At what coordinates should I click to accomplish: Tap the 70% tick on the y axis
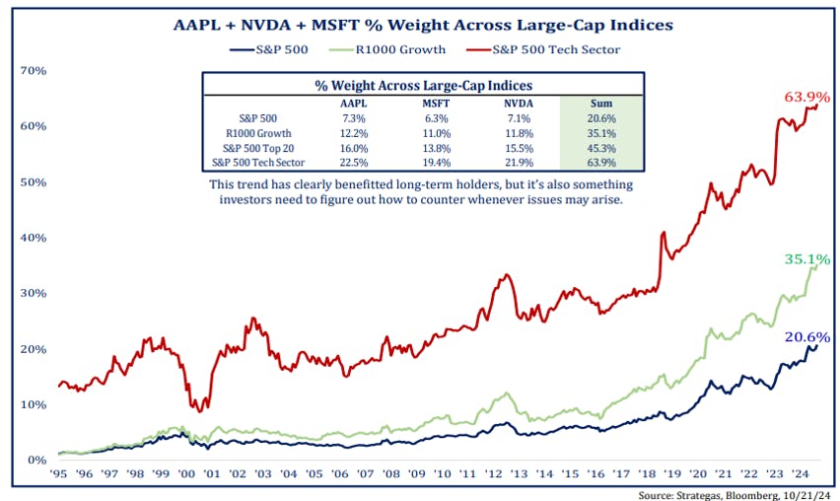(x=35, y=71)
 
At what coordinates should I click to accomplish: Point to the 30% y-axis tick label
(x=35, y=294)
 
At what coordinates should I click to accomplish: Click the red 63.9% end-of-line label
(x=806, y=97)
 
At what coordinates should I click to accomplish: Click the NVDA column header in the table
(x=511, y=102)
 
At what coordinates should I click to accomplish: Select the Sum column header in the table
(x=601, y=102)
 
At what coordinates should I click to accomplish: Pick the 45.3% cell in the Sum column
(x=601, y=147)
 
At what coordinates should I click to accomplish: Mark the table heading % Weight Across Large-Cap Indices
(x=423, y=85)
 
